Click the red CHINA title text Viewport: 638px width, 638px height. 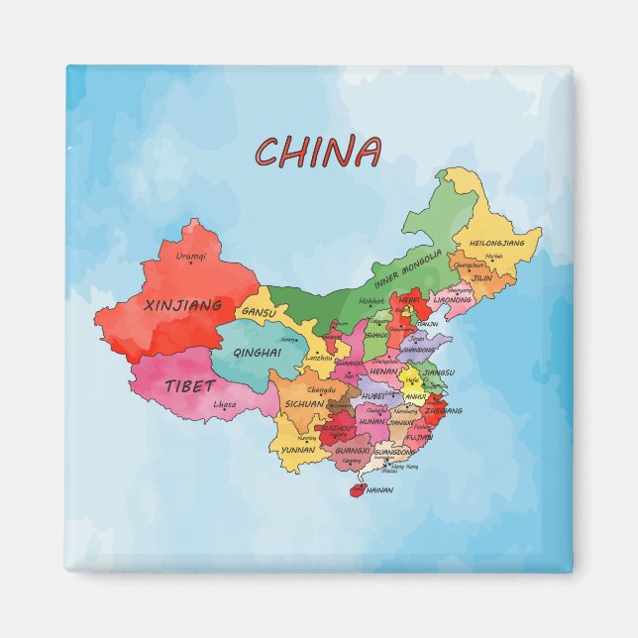coord(318,153)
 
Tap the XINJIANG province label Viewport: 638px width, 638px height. coord(182,305)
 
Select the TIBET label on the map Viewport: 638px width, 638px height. coord(190,385)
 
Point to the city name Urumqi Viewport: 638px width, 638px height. coord(191,257)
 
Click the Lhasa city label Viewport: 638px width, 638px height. coord(225,404)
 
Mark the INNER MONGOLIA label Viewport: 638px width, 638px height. coord(408,268)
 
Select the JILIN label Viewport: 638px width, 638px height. coord(481,278)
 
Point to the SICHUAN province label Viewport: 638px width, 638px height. coord(304,404)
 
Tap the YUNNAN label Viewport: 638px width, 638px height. coord(298,449)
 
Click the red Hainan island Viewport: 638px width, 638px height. coord(354,487)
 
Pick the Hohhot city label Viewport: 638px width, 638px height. coord(372,300)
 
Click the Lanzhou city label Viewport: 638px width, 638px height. coord(320,357)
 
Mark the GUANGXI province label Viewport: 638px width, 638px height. coord(353,450)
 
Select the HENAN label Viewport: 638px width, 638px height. coord(383,372)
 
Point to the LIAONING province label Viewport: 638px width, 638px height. coord(453,298)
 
